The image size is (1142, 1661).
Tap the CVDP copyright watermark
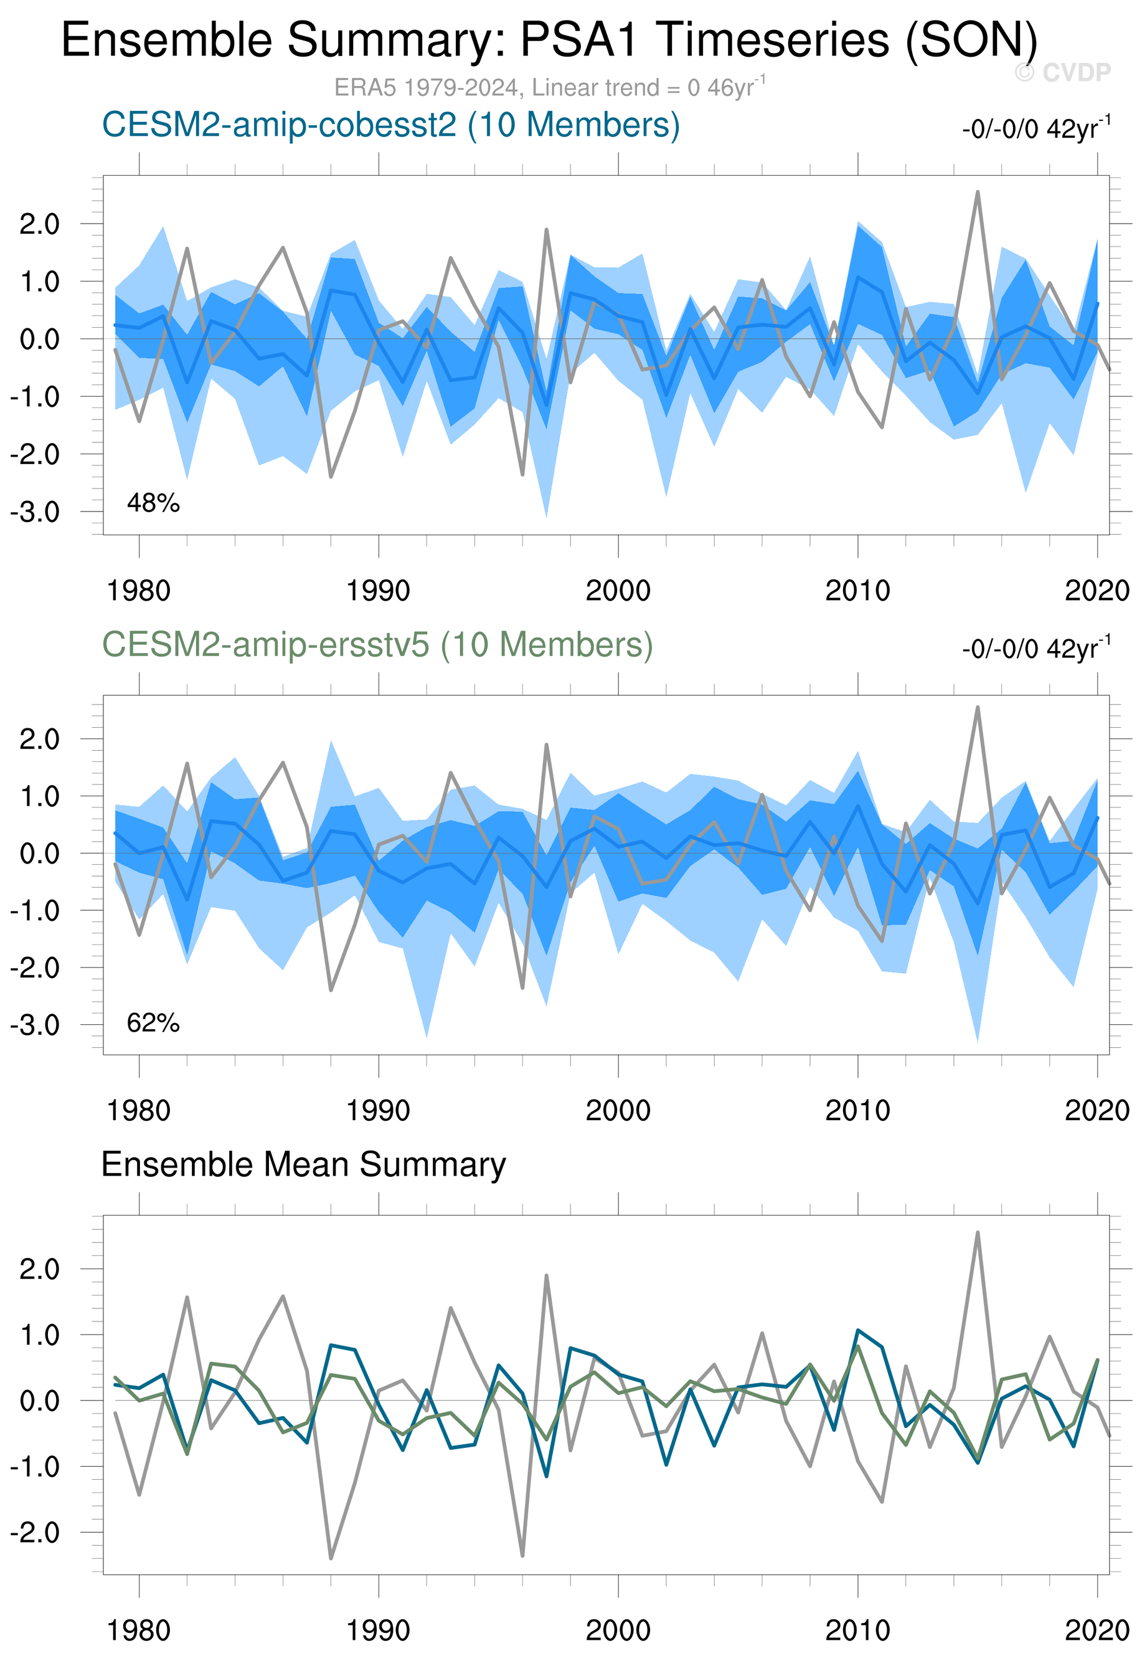[1062, 72]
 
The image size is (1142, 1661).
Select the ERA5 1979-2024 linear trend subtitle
[550, 87]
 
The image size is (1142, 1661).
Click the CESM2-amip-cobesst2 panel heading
[390, 125]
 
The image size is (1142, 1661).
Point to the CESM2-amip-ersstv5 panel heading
[377, 644]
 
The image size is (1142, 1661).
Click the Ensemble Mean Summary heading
[303, 1164]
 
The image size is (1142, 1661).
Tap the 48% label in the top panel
[153, 503]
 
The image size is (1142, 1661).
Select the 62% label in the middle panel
[153, 1023]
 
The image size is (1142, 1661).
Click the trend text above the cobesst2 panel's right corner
[1036, 129]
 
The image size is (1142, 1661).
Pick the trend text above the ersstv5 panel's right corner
[1036, 649]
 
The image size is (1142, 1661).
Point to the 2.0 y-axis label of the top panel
[39, 224]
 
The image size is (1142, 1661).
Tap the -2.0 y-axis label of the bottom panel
[35, 1533]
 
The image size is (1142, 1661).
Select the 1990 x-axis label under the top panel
[378, 591]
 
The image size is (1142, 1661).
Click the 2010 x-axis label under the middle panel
[857, 1111]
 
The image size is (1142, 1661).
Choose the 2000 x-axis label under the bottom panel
[618, 1631]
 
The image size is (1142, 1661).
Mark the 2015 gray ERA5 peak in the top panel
[978, 192]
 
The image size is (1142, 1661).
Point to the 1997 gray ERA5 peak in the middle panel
[547, 745]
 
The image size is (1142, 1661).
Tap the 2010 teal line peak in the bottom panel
[858, 1330]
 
